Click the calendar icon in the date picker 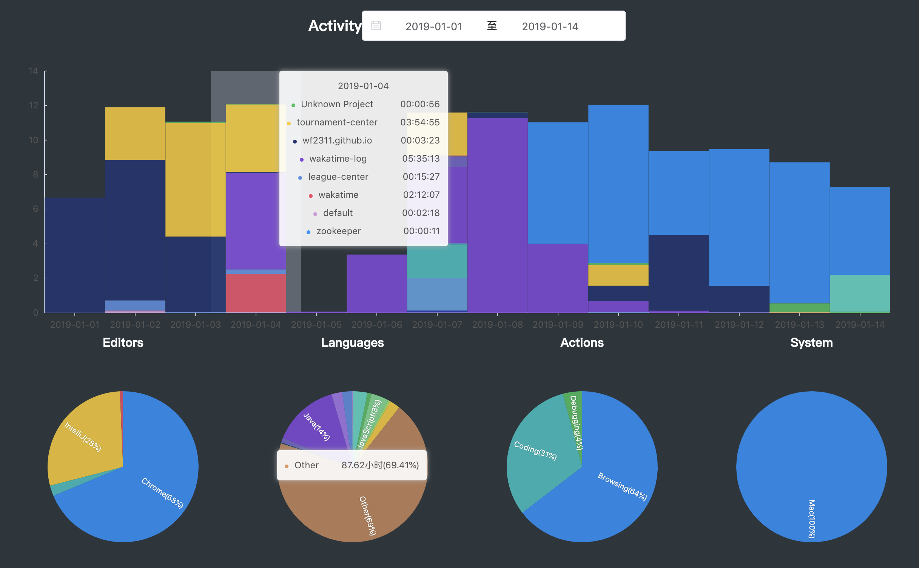[x=376, y=26]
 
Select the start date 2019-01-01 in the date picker [x=433, y=26]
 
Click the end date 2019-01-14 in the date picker [x=550, y=26]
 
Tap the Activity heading [x=335, y=26]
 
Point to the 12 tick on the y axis [x=34, y=105]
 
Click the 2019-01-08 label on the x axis [x=497, y=325]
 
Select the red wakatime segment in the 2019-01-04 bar [x=256, y=293]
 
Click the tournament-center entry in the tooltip [x=337, y=122]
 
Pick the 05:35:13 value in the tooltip [x=421, y=159]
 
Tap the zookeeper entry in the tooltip [x=338, y=231]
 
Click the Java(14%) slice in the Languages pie [x=316, y=427]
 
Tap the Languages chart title [x=352, y=343]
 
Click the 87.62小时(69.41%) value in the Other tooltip [x=380, y=465]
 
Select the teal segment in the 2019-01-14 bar [x=860, y=293]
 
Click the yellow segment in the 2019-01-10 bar [x=618, y=275]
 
